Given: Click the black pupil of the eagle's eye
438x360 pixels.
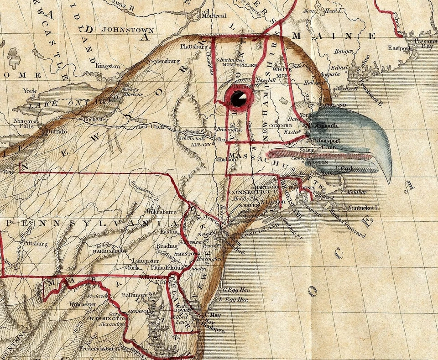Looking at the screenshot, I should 237,98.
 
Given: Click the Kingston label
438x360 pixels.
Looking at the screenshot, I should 108,66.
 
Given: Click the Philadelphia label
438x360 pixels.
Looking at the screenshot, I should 167,268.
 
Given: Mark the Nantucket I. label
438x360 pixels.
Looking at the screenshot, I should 364,208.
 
